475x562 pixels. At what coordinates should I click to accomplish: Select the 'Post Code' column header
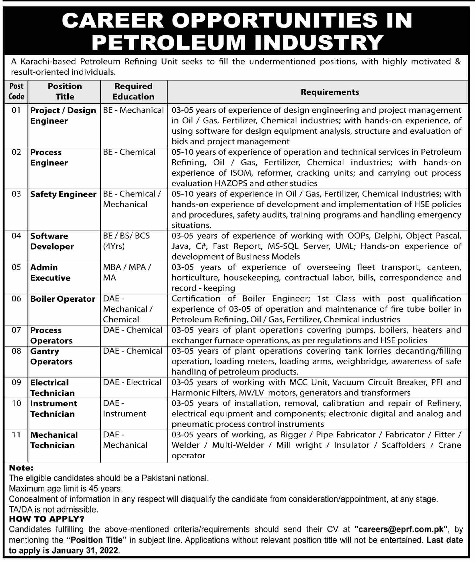[16, 91]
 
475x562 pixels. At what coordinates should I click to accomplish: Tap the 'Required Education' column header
[133, 91]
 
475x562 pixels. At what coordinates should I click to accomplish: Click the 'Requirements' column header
[330, 92]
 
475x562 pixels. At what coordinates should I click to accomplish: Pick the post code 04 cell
[16, 236]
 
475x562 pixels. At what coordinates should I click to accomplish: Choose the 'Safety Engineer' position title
[63, 194]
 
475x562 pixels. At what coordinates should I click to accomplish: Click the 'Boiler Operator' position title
[63, 299]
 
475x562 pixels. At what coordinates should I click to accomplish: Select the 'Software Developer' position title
[52, 241]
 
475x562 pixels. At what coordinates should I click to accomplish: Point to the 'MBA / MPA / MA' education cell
[127, 273]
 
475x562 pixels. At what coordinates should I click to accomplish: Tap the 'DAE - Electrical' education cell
[132, 382]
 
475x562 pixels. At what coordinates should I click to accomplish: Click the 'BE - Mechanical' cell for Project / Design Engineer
[133, 110]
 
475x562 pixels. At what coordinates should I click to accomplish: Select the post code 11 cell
[16, 435]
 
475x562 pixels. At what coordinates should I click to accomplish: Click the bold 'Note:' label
[21, 468]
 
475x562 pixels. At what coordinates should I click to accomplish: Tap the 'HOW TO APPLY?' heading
[47, 519]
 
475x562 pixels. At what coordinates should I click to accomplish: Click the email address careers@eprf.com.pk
[401, 529]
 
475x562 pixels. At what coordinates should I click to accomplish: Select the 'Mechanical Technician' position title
[54, 440]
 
